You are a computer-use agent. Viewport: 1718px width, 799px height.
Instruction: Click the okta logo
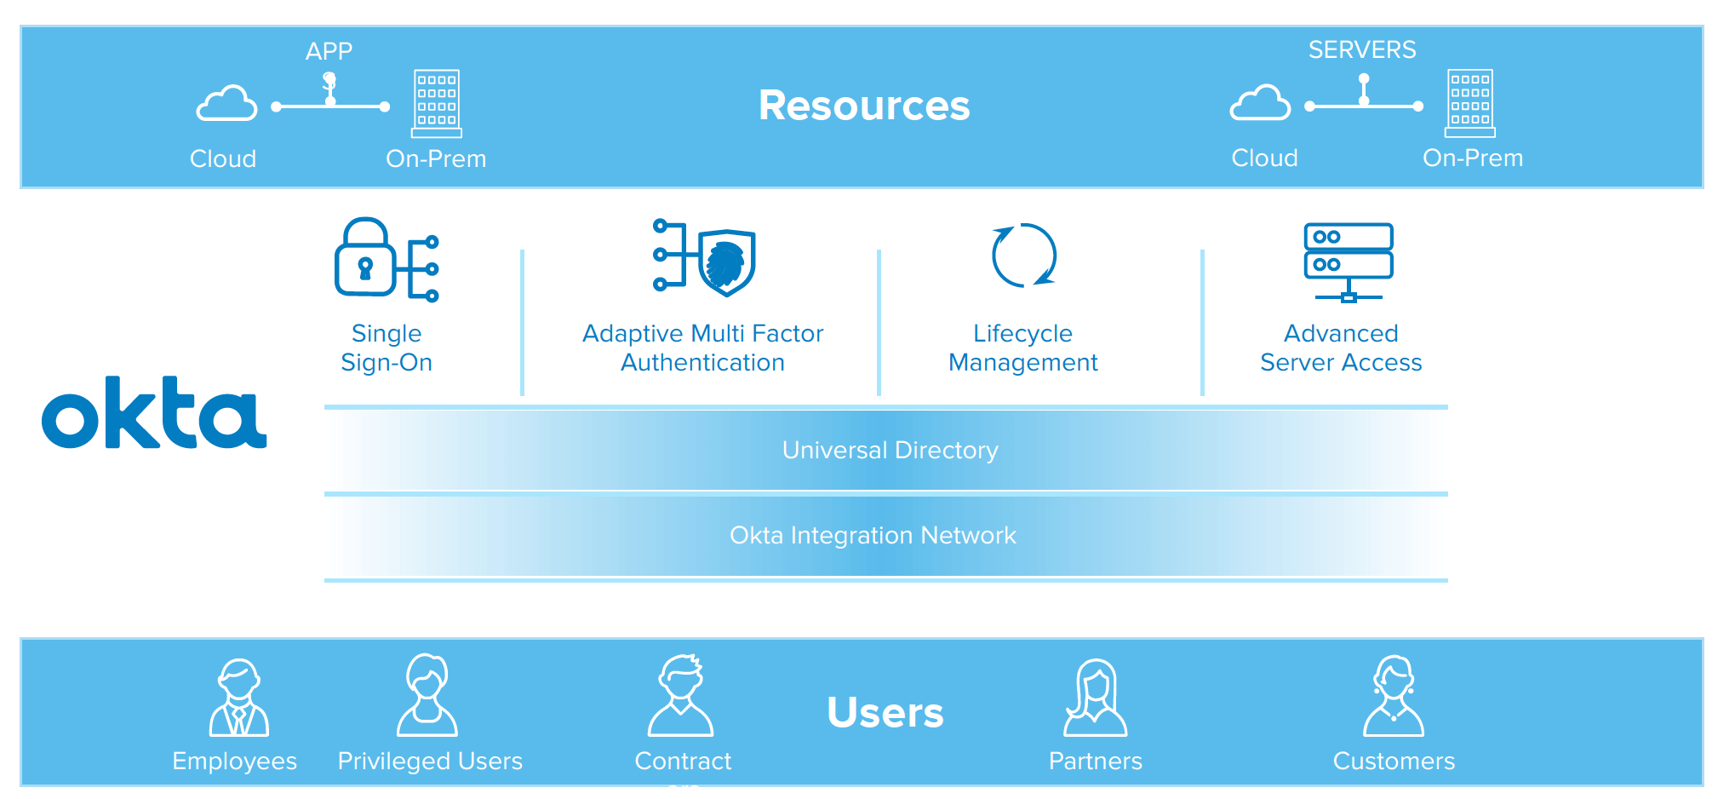click(154, 413)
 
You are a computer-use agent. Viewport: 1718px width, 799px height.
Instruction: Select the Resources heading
click(863, 106)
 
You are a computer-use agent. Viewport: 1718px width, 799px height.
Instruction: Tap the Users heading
click(885, 712)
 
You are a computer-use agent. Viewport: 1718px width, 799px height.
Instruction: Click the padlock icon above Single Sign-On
click(365, 258)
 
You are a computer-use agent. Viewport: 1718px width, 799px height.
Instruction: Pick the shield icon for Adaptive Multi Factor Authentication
click(726, 262)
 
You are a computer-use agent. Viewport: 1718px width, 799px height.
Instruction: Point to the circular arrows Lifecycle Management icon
click(1023, 256)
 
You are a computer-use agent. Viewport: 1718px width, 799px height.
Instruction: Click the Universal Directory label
click(890, 450)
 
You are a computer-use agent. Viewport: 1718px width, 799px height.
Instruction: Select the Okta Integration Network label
click(873, 535)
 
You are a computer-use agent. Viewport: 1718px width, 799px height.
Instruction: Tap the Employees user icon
click(239, 698)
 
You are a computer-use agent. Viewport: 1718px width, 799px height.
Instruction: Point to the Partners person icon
click(1096, 698)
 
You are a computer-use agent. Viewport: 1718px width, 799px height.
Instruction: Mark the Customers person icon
click(1394, 696)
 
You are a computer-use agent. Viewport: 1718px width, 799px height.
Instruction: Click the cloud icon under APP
click(226, 104)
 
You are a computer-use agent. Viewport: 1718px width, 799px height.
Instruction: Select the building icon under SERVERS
click(1470, 103)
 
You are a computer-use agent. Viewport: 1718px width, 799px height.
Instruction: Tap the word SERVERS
click(1362, 49)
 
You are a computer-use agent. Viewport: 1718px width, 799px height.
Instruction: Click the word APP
click(329, 51)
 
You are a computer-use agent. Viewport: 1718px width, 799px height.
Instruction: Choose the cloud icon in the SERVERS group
click(1260, 104)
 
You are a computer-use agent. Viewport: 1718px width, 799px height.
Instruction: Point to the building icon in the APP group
click(437, 103)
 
